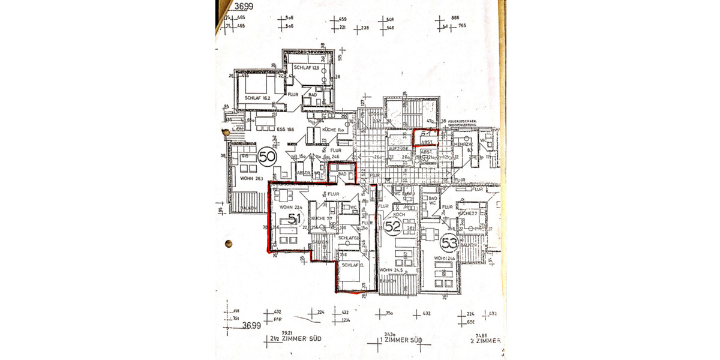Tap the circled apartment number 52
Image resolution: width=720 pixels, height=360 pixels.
click(392, 227)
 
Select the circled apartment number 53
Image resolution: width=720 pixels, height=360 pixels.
click(448, 244)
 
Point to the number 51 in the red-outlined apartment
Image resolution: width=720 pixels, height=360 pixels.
click(294, 220)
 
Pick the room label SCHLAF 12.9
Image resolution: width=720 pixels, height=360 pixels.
click(306, 68)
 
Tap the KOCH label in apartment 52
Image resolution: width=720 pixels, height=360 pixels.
click(400, 214)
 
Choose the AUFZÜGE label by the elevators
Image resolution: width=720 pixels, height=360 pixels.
click(398, 146)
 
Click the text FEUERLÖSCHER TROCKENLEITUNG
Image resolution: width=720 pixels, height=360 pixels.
click(466, 124)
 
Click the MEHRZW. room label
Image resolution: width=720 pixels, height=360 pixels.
click(463, 145)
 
